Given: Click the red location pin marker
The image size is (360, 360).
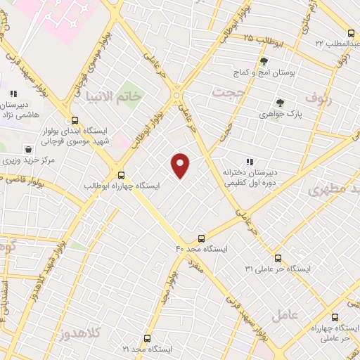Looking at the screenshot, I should coord(181,165).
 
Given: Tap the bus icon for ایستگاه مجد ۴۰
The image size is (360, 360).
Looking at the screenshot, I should coord(202,238).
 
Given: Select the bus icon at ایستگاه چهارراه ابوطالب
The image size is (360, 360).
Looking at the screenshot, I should coord(122,175).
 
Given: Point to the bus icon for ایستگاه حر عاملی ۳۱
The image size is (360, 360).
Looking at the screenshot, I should coord(278,258).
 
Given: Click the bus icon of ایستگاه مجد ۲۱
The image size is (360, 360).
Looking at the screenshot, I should coord(147,338).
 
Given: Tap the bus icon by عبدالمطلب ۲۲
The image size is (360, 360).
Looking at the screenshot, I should coord(351,33).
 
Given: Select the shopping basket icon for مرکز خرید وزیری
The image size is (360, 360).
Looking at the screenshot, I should coord(28,148).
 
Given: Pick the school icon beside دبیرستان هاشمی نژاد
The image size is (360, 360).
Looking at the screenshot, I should coord(12,93).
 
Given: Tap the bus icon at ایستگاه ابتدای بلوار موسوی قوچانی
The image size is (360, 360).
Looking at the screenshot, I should coord(74,120).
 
